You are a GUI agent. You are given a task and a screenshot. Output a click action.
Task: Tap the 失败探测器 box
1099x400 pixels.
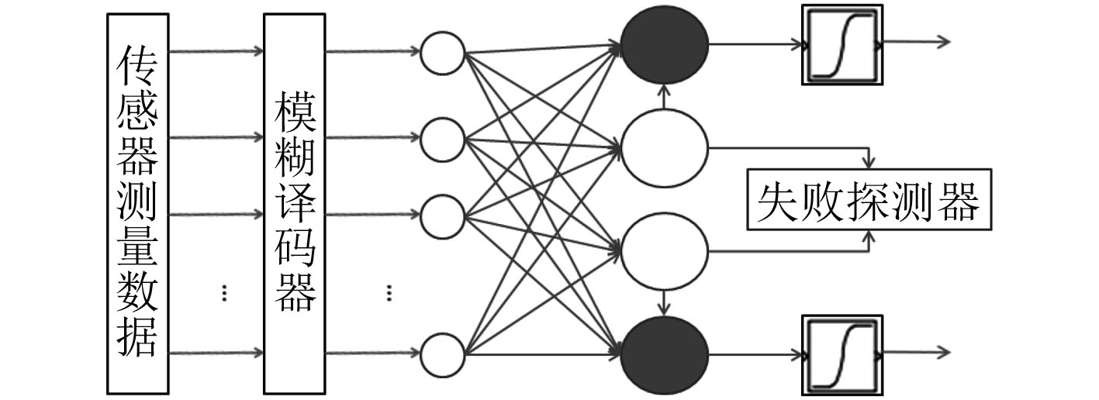click(868, 199)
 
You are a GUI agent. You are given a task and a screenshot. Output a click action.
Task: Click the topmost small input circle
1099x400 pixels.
click(442, 53)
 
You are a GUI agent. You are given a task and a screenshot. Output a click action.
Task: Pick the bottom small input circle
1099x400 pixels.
click(442, 354)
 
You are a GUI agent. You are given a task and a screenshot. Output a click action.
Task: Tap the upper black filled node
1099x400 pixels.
click(665, 44)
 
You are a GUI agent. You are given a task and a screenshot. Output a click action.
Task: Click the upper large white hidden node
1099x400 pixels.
click(665, 146)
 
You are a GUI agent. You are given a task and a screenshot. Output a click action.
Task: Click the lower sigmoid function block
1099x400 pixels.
click(842, 354)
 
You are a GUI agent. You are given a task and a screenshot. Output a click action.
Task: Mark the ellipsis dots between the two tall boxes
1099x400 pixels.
click(223, 292)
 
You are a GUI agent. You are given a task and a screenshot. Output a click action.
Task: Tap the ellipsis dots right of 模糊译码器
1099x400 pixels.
click(389, 292)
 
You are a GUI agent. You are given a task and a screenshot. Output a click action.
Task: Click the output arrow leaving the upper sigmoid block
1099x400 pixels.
click(915, 42)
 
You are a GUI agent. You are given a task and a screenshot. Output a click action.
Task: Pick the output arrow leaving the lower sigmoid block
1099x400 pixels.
click(915, 352)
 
